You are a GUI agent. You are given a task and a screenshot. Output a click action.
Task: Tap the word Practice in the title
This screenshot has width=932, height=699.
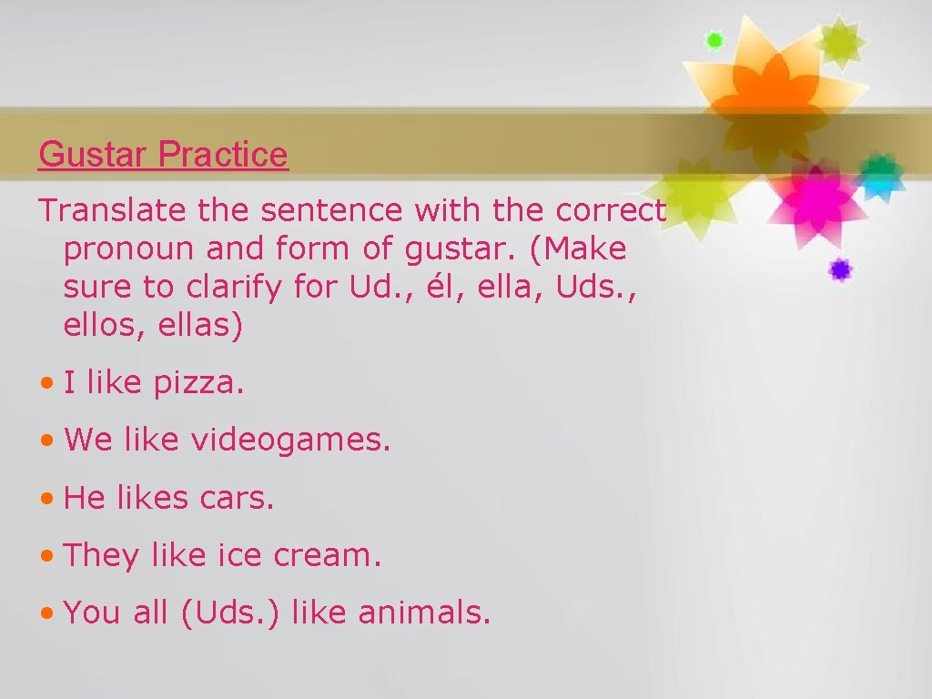223,155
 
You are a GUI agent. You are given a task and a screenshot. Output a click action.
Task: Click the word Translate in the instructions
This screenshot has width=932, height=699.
100,211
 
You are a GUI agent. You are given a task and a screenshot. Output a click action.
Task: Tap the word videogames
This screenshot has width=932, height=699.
290,441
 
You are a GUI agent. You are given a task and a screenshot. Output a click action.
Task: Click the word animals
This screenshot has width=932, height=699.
424,613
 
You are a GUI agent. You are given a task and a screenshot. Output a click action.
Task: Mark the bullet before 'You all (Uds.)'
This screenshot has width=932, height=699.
47,613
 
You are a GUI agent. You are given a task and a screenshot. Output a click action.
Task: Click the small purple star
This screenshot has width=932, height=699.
839,268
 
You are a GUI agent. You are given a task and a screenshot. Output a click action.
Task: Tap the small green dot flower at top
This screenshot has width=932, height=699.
714,39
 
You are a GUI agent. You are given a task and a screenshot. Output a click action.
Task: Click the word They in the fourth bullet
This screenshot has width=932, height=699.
101,555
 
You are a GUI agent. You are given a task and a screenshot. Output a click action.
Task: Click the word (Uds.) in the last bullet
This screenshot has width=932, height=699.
231,613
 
